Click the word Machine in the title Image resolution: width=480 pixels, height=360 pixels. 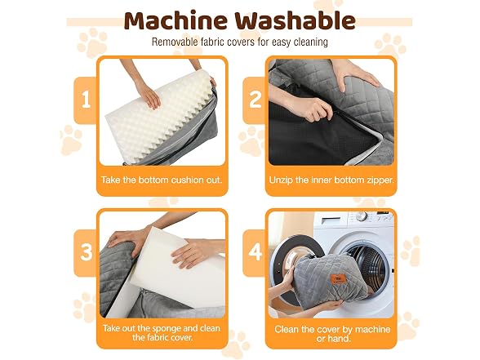point(176,20)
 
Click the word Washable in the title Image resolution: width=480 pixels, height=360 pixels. point(296,20)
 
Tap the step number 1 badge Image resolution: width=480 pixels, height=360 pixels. point(86,100)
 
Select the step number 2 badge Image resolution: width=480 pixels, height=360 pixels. point(255,100)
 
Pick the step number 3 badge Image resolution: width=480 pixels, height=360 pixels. point(86,253)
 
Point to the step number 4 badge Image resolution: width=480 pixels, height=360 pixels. point(255,253)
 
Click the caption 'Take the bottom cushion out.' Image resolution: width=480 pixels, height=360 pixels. point(162,180)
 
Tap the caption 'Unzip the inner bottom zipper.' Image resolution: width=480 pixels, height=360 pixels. point(331,180)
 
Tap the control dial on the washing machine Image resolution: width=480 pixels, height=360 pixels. point(361,216)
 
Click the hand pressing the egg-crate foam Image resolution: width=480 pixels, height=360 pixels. point(149,94)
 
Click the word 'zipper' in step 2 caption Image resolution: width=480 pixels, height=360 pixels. point(380,180)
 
